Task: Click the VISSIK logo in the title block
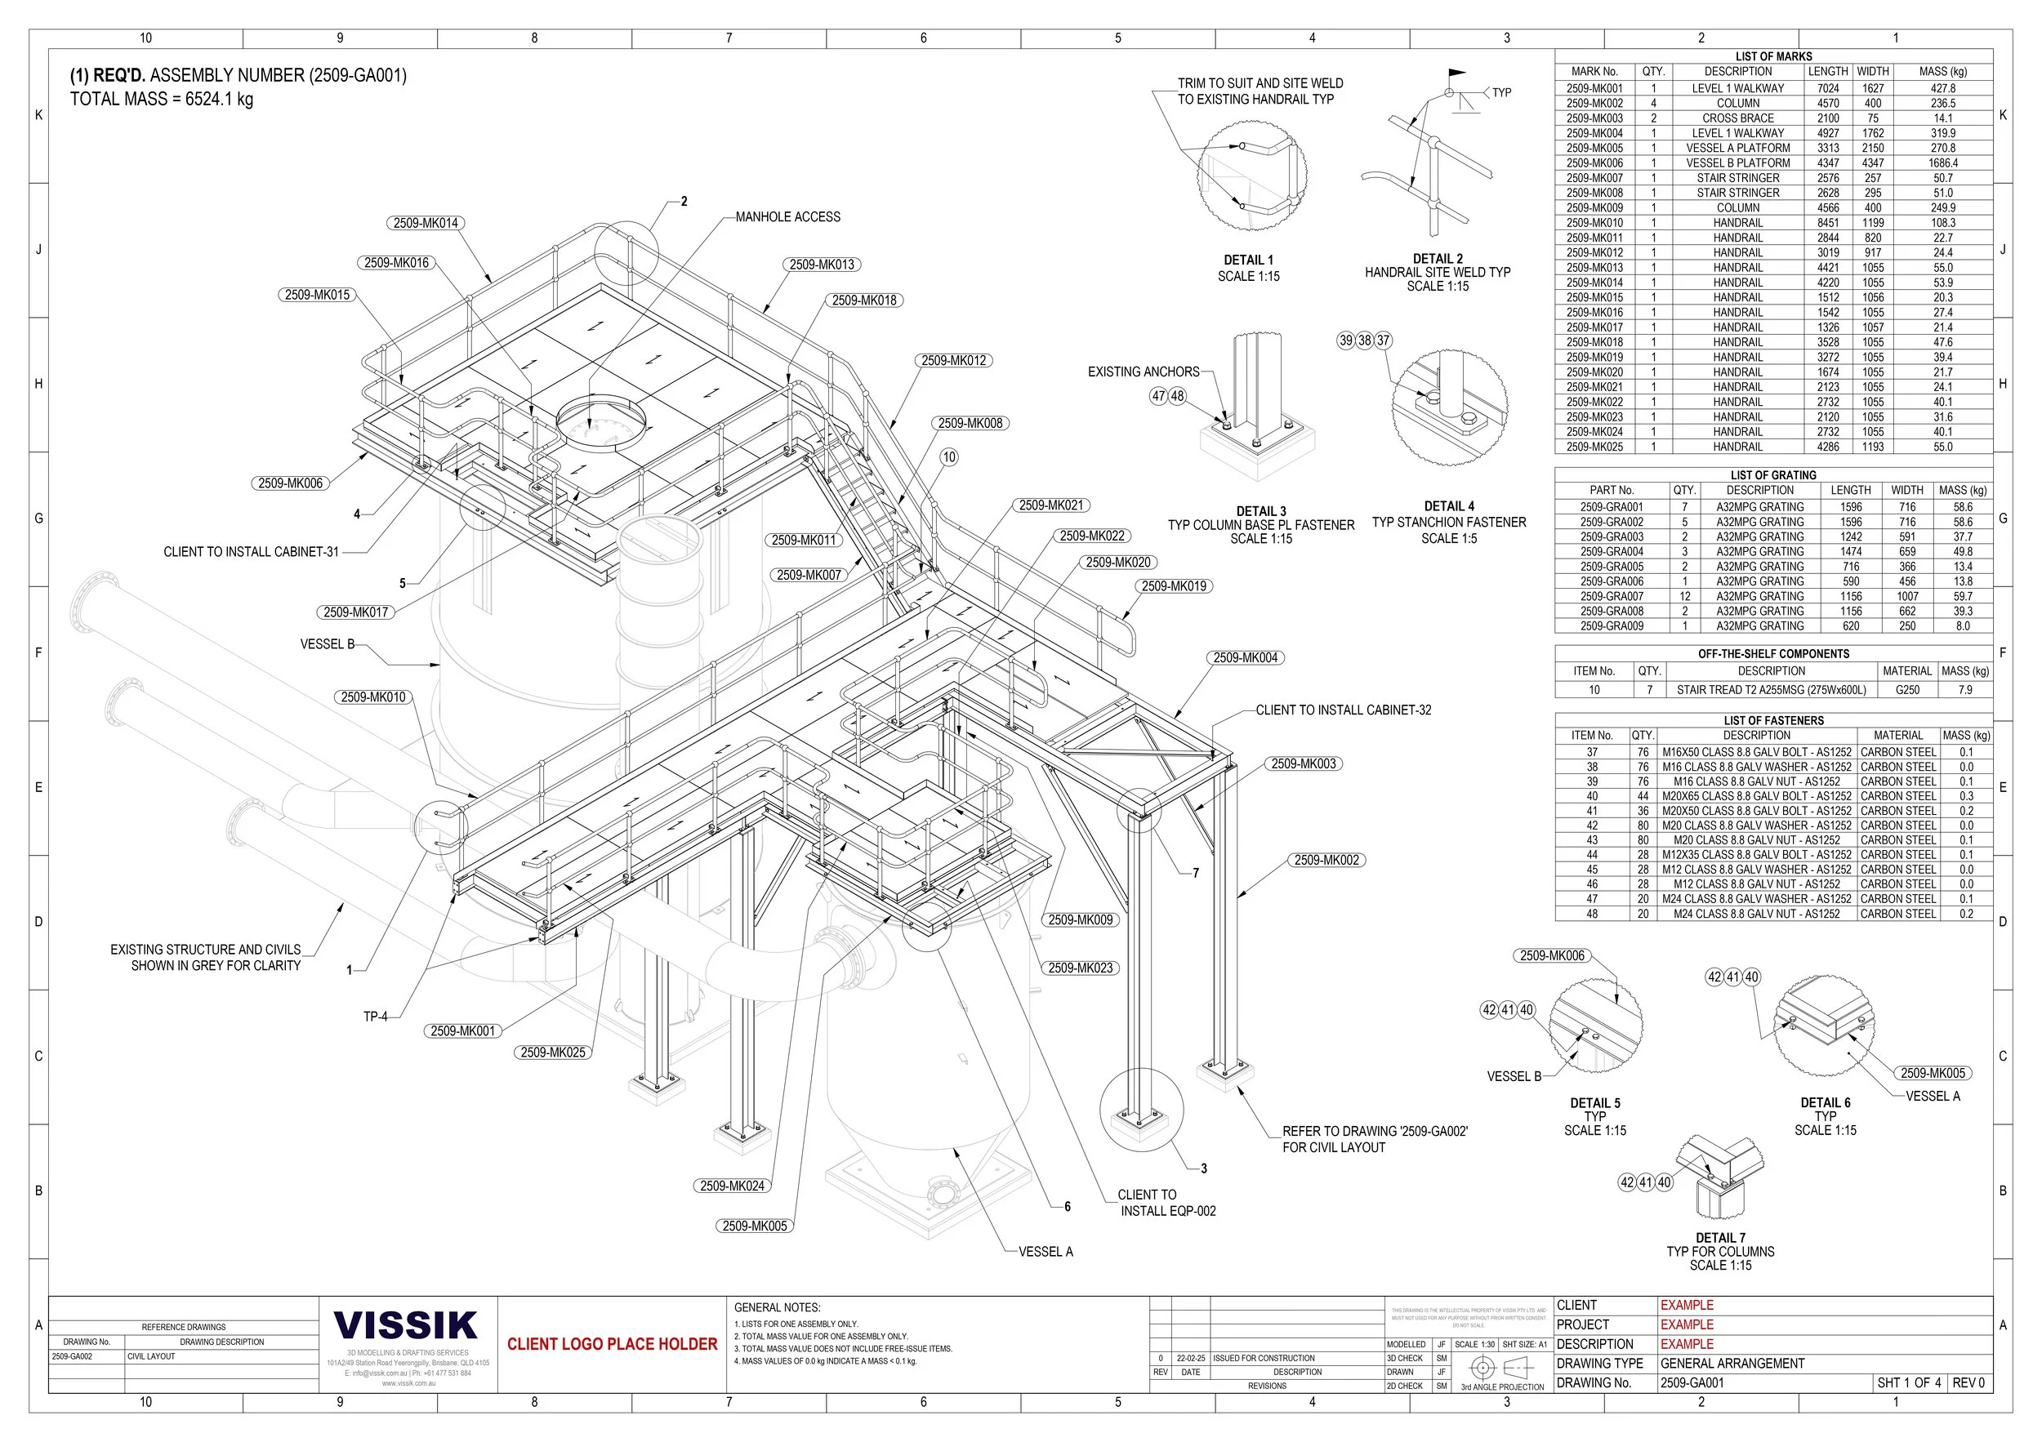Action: click(406, 1325)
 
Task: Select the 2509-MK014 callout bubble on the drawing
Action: click(426, 223)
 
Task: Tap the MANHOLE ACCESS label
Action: click(787, 217)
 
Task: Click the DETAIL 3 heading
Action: click(1260, 511)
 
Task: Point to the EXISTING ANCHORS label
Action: click(1143, 372)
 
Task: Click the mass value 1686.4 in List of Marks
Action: click(1942, 163)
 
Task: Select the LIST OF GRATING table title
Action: click(1772, 475)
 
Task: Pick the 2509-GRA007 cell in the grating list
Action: click(1612, 597)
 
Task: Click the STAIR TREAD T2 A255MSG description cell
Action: click(1771, 690)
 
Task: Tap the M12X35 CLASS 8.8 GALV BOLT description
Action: click(1755, 855)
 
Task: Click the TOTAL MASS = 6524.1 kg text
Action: click(161, 99)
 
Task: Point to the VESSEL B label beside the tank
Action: click(328, 644)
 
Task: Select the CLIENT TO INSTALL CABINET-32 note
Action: click(1343, 710)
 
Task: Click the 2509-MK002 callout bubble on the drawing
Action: click(1326, 861)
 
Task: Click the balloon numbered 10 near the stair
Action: click(949, 457)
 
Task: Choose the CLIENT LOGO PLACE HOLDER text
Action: click(612, 1344)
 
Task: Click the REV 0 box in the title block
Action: click(1968, 1383)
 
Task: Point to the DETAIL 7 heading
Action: click(1720, 1239)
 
